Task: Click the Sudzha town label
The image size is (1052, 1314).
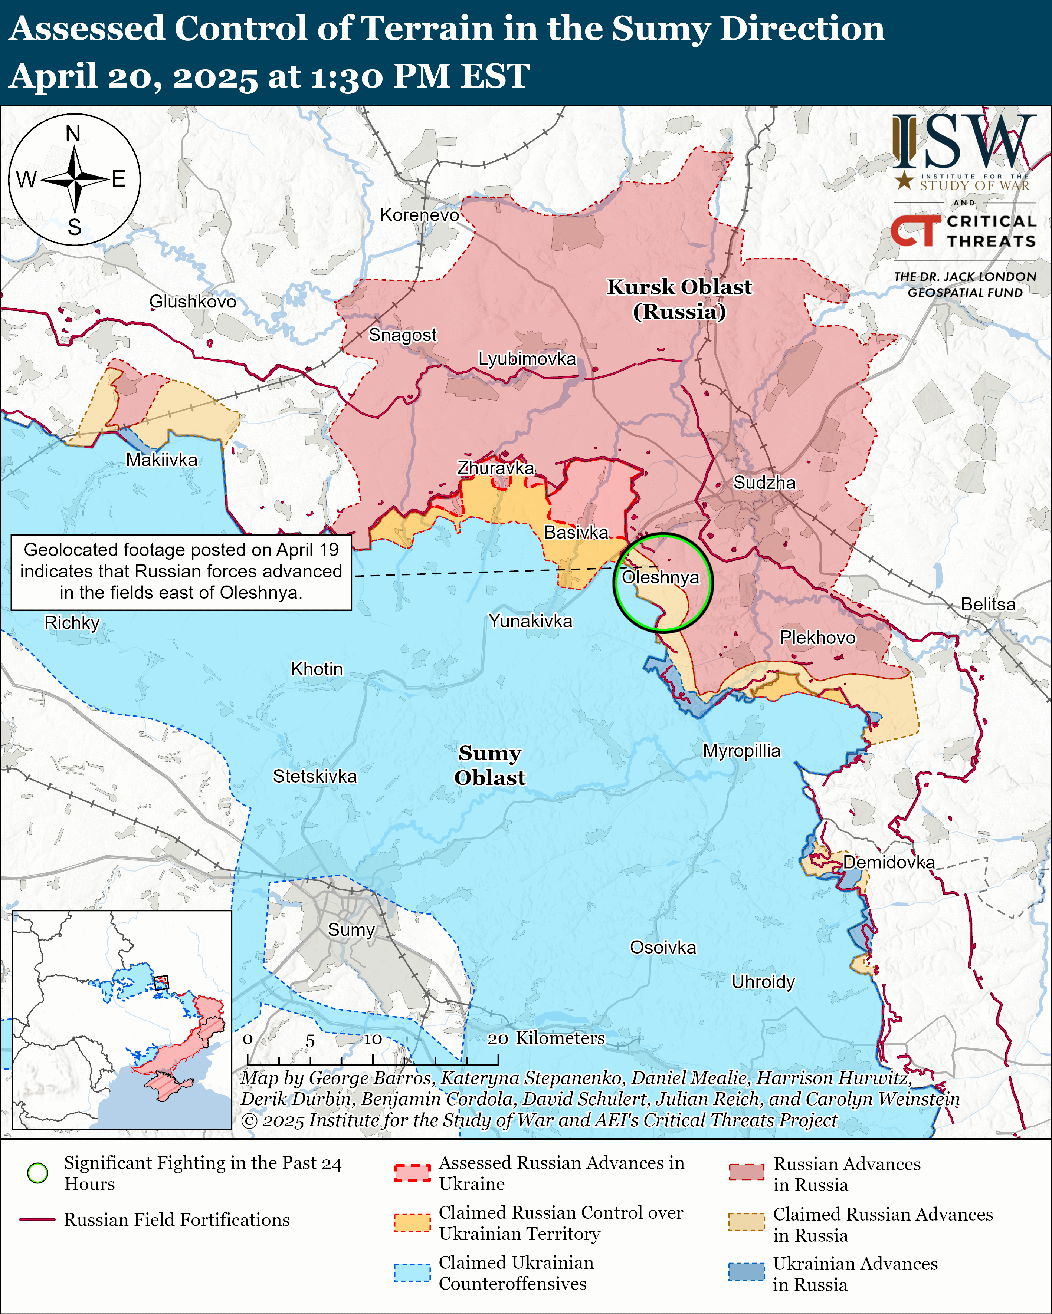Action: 764,483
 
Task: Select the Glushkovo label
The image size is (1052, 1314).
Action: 192,301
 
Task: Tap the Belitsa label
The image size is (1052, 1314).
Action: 988,604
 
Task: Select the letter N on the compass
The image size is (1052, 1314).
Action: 73,134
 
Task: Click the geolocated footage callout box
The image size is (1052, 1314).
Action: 181,571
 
